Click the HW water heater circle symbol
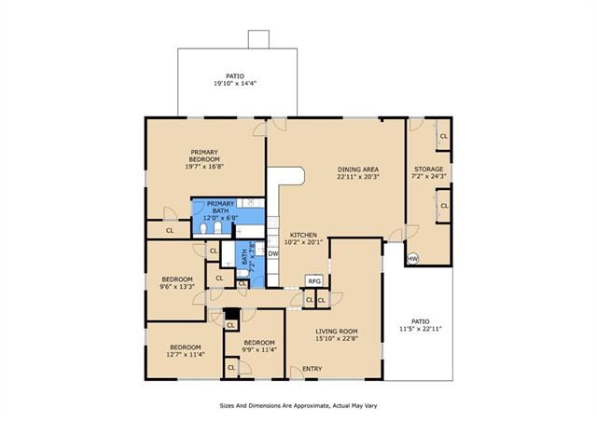coord(412,259)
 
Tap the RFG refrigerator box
coord(314,281)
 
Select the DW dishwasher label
coord(272,253)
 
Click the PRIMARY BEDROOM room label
coord(204,156)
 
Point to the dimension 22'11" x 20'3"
coord(358,176)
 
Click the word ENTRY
coord(312,369)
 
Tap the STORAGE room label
coord(429,169)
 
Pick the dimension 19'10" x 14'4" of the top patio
coord(235,83)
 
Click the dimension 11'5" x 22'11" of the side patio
coord(421,329)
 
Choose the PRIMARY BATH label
coord(220,207)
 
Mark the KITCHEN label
coord(303,235)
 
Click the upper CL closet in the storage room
coord(444,136)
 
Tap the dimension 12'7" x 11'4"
coord(186,354)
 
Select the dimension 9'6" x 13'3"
coord(177,286)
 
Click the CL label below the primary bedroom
coord(170,230)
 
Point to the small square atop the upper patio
coord(258,39)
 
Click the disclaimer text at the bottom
coord(298,405)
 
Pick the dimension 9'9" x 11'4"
coord(259,349)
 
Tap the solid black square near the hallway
coord(232,313)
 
